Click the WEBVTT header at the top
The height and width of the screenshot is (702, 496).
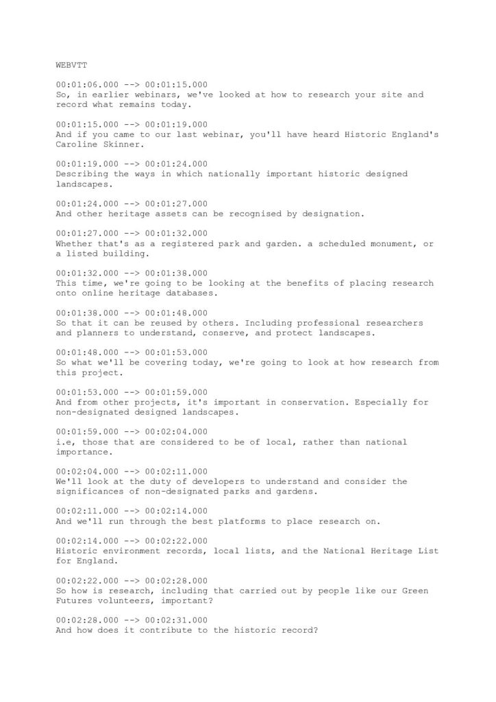[x=69, y=66]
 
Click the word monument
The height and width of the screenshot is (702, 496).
[x=369, y=244]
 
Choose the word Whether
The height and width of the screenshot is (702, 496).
[x=75, y=244]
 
